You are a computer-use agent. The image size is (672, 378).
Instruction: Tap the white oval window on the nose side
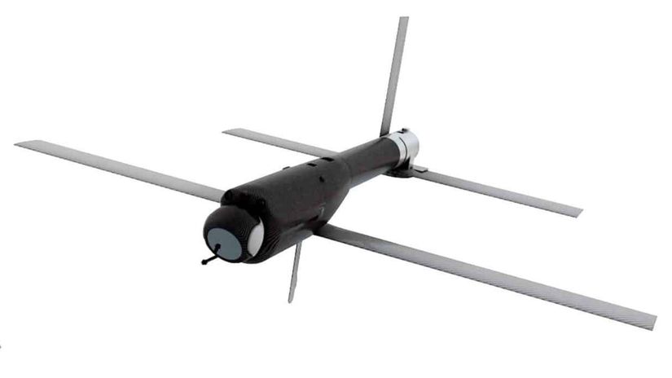point(256,239)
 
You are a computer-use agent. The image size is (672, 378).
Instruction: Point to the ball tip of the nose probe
point(203,262)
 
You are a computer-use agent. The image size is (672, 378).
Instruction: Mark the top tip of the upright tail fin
point(403,18)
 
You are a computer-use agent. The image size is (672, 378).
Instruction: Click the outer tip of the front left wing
point(18,144)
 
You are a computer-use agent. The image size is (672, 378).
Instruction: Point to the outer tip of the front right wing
point(652,321)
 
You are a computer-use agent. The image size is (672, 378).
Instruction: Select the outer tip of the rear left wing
point(225,131)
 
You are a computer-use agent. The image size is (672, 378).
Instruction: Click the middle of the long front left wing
point(122,169)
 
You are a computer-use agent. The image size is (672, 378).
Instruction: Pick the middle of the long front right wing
point(489,275)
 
